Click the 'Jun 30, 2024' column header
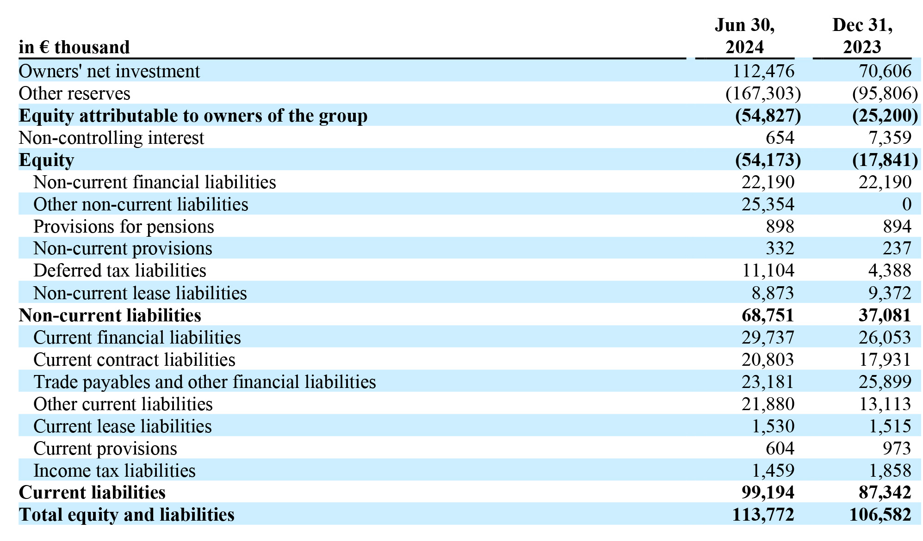click(744, 36)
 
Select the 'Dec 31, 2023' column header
click(862, 36)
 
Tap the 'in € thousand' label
click(74, 47)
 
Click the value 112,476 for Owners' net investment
click(763, 71)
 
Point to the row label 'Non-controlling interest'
click(111, 138)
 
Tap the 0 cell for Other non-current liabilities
click(906, 204)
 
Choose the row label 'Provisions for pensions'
click(124, 227)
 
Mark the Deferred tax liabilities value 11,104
click(768, 270)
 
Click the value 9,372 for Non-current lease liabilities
click(890, 293)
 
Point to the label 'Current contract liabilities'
click(134, 360)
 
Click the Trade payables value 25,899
click(885, 382)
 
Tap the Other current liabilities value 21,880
click(768, 404)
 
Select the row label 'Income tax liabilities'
click(114, 471)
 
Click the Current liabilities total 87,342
click(885, 492)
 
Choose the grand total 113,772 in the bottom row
click(763, 515)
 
